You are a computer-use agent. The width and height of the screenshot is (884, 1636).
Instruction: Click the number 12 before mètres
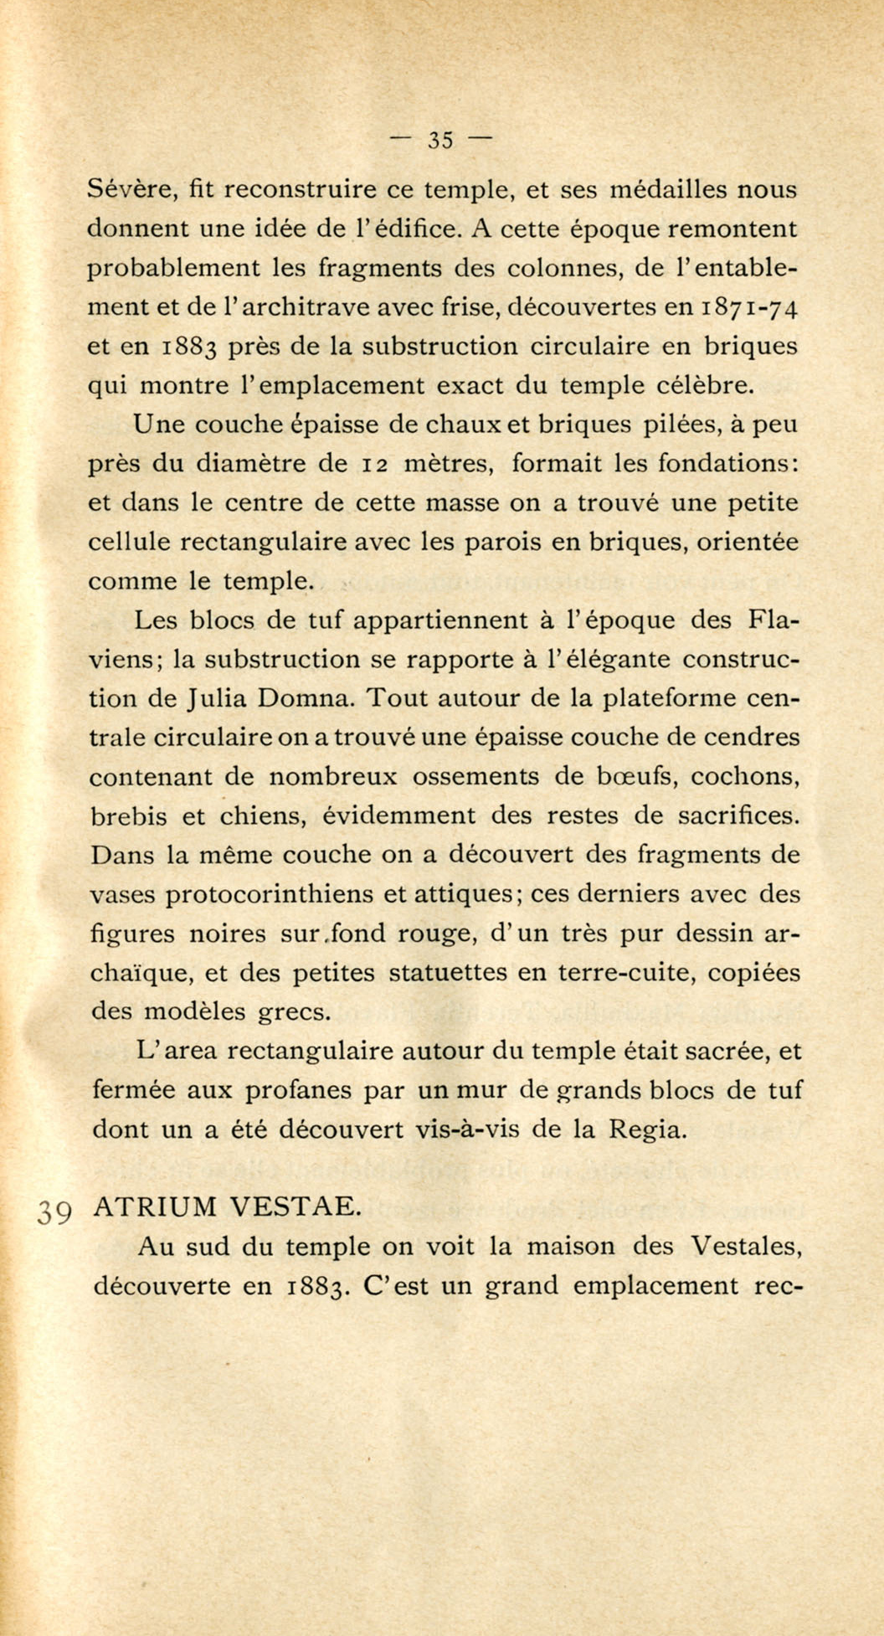tap(373, 464)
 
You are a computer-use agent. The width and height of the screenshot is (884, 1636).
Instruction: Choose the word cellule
tap(130, 542)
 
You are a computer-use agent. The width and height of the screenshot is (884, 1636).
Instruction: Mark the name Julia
tap(218, 699)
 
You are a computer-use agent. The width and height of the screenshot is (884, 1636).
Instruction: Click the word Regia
tap(646, 1130)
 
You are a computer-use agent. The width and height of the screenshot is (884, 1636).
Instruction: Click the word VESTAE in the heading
tap(295, 1206)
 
